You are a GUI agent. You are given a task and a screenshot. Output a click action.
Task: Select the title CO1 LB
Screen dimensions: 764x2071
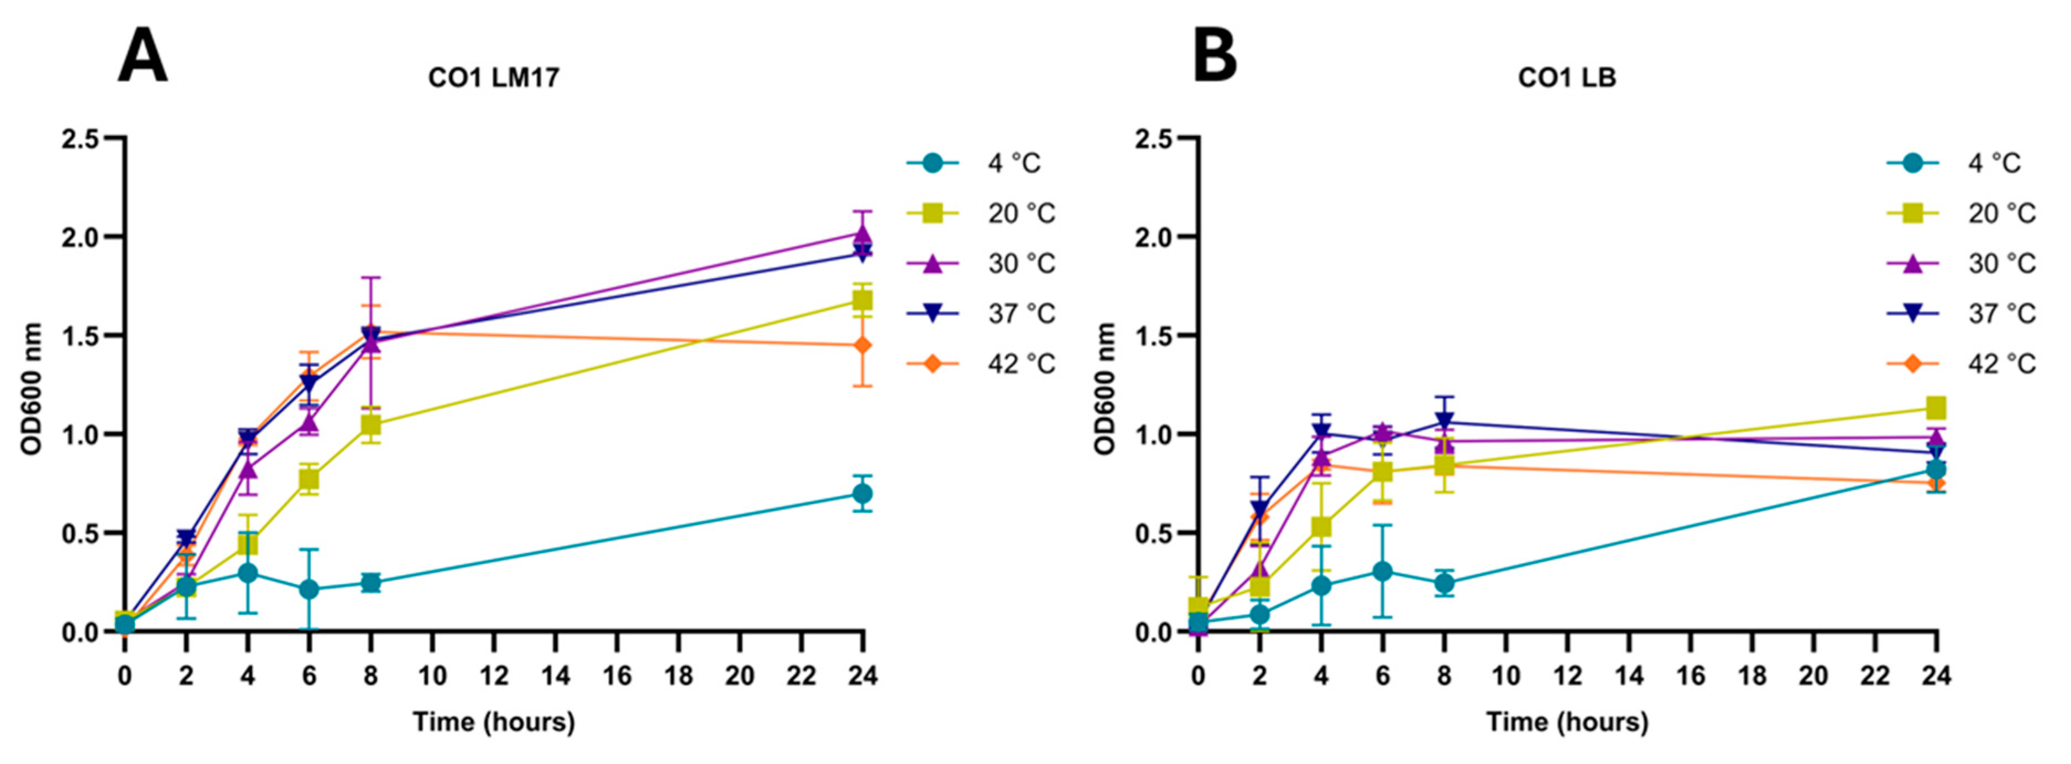point(1566,78)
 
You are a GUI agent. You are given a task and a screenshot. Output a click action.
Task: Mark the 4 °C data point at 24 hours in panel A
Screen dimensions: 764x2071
point(862,494)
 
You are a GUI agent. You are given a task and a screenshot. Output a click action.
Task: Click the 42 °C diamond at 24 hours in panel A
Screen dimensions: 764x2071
point(862,346)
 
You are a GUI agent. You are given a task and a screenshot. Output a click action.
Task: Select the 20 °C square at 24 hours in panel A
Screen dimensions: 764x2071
point(862,300)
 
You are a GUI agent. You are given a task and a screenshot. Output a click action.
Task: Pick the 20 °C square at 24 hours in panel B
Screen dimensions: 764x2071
point(1936,408)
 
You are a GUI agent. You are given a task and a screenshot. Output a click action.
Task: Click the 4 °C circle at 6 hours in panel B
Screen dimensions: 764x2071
point(1382,572)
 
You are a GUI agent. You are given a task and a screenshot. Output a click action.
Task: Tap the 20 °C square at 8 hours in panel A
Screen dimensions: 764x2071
point(370,425)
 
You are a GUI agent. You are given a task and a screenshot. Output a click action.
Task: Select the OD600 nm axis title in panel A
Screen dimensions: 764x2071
point(30,388)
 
